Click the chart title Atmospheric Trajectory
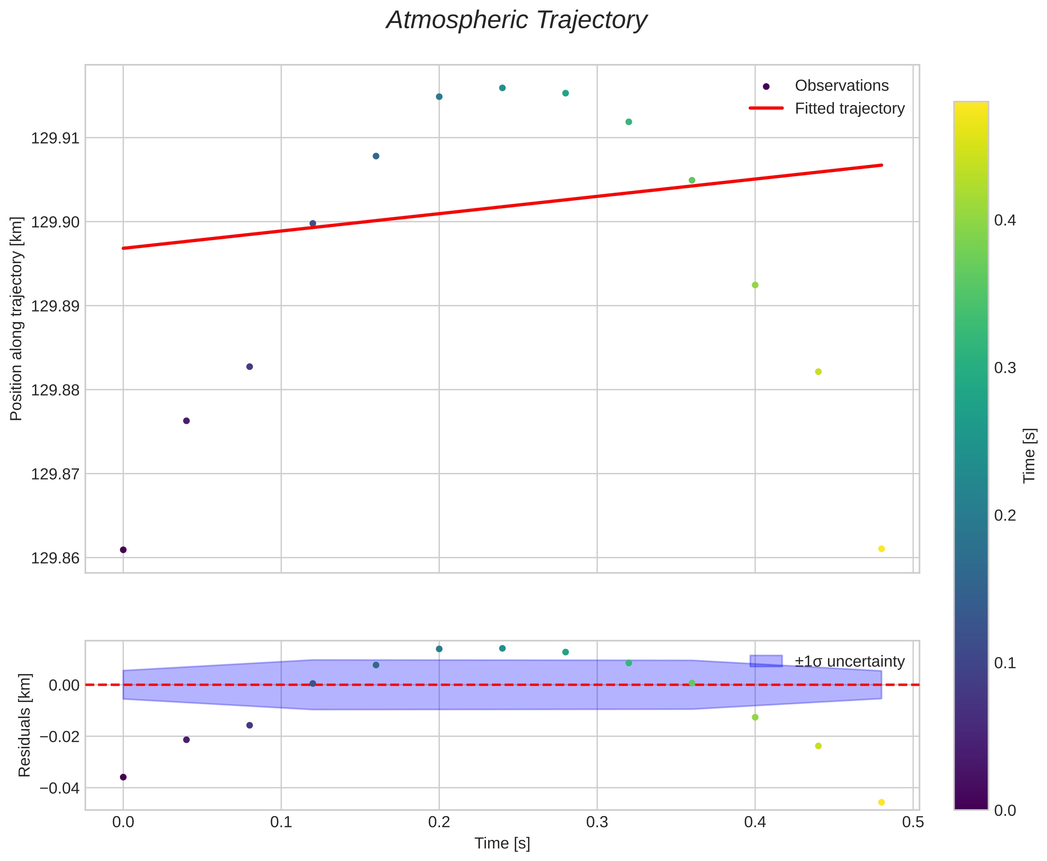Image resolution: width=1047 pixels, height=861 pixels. [517, 21]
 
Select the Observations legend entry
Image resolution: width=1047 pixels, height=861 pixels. [841, 86]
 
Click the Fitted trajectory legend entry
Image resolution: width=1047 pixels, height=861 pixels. [849, 108]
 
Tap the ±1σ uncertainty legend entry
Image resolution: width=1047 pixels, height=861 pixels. [849, 662]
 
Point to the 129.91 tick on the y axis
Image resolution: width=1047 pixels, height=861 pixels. [55, 138]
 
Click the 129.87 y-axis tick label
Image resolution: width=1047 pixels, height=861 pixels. [55, 474]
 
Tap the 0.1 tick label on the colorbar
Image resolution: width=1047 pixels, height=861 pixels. [1005, 663]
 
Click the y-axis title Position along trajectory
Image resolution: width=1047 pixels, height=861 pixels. [16, 319]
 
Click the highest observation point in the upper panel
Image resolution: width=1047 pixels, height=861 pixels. [502, 88]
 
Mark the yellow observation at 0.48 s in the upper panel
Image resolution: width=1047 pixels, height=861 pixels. [881, 549]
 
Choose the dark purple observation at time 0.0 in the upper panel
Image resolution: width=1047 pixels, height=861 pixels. [123, 550]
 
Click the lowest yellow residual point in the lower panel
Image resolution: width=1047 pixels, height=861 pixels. [881, 802]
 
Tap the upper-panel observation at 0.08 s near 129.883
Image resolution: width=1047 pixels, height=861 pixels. [250, 367]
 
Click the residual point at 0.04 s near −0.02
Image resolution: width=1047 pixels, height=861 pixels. [186, 740]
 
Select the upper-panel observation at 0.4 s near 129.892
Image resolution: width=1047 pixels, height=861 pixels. [755, 285]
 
